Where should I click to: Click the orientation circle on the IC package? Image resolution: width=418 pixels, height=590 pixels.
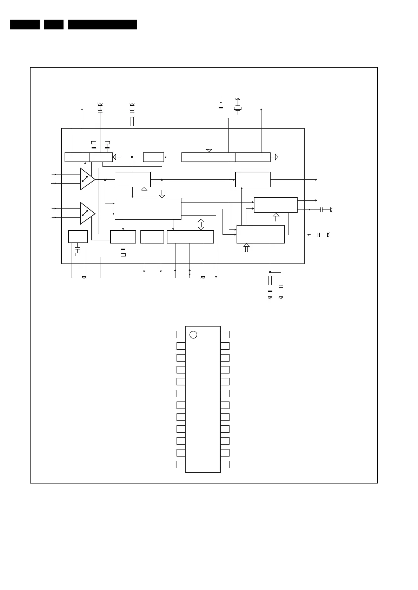pyautogui.click(x=193, y=335)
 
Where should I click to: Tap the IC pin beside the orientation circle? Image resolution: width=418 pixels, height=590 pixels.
pyautogui.click(x=181, y=334)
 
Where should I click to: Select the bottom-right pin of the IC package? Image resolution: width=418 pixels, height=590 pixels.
pyautogui.click(x=225, y=465)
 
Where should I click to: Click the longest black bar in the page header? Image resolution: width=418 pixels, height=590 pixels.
pyautogui.click(x=102, y=25)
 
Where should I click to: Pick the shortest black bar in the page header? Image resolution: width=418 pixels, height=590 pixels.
pyautogui.click(x=54, y=25)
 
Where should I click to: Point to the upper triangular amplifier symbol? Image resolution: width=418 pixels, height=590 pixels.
pyautogui.click(x=87, y=179)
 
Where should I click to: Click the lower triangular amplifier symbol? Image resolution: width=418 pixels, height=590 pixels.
pyautogui.click(x=87, y=213)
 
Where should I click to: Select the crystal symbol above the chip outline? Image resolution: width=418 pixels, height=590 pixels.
pyautogui.click(x=238, y=108)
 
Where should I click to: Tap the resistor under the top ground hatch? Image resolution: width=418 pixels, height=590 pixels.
pyautogui.click(x=132, y=121)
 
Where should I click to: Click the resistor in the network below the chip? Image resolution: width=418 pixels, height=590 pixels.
pyautogui.click(x=270, y=280)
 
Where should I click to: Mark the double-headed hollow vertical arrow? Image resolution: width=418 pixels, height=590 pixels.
pyautogui.click(x=201, y=225)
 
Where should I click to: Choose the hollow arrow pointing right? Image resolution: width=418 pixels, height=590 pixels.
pyautogui.click(x=274, y=157)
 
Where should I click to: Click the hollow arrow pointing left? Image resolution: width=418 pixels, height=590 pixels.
pyautogui.click(x=117, y=157)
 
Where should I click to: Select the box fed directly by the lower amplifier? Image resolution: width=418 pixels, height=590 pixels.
pyautogui.click(x=148, y=209)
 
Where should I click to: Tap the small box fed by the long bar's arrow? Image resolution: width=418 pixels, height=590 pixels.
pyautogui.click(x=153, y=157)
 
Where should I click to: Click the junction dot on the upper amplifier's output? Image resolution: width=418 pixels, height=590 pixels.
pyautogui.click(x=105, y=179)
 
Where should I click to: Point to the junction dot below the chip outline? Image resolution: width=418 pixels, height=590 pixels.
pyautogui.click(x=270, y=272)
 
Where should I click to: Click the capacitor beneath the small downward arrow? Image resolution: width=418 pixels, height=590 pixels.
pyautogui.click(x=221, y=109)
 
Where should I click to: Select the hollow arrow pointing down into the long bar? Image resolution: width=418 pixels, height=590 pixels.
pyautogui.click(x=209, y=148)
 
